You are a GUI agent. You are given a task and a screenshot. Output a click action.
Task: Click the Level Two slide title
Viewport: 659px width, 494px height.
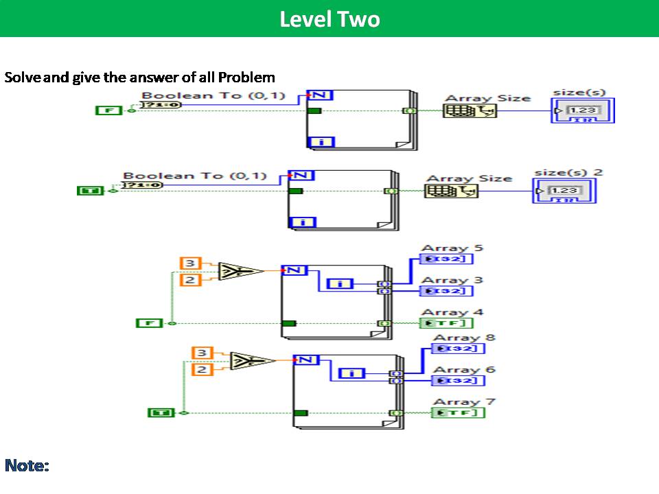coord(329,19)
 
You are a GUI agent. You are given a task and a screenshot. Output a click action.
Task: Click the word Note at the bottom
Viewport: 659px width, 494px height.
coord(27,466)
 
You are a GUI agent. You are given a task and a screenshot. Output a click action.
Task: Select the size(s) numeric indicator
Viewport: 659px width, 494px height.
coord(582,110)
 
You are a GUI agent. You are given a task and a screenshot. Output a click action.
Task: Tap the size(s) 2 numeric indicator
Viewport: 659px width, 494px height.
coord(564,191)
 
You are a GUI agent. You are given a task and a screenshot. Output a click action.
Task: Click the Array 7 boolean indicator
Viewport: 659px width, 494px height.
coord(458,413)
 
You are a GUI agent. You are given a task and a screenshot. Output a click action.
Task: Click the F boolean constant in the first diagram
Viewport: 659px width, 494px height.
coord(108,110)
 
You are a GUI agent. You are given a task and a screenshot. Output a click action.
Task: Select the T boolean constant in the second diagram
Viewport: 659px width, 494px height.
coord(90,191)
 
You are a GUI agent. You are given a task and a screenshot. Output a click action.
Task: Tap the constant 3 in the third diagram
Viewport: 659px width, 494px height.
coord(190,263)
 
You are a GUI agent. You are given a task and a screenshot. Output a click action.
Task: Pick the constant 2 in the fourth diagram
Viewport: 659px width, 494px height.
coord(202,370)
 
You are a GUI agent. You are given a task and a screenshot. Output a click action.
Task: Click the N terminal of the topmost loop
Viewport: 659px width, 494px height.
coord(319,95)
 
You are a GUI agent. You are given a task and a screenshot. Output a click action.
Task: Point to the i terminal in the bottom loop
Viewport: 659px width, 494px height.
coord(351,373)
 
